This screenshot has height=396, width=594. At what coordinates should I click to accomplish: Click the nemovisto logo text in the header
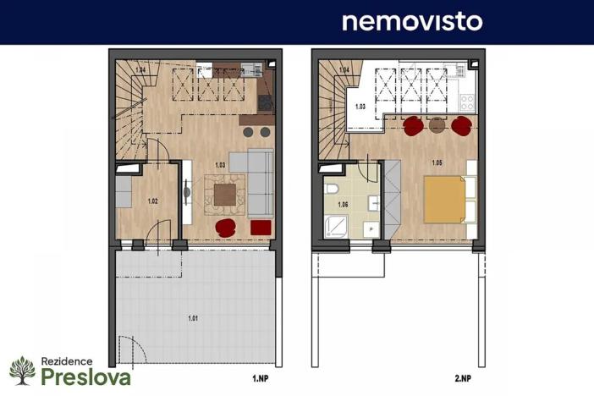click(x=411, y=21)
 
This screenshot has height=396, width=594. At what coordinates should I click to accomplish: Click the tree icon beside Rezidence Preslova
click(x=21, y=371)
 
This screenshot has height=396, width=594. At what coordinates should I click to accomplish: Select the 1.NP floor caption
click(x=261, y=380)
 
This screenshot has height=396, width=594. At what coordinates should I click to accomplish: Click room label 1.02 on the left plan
click(x=153, y=201)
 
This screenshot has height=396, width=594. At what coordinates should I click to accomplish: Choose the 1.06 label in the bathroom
click(x=342, y=205)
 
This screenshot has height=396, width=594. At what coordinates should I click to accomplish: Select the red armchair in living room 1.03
click(x=226, y=227)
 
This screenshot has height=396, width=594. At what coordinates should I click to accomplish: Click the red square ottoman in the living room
click(x=261, y=227)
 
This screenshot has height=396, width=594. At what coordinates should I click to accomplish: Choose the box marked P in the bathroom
click(x=371, y=229)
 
